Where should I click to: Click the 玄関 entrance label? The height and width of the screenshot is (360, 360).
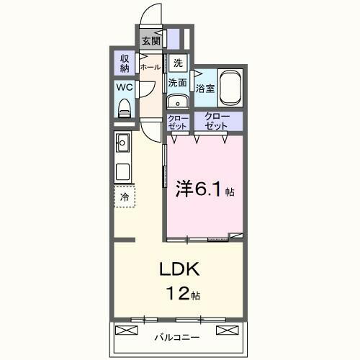[x=150, y=41]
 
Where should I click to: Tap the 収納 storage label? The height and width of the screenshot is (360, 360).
[x=125, y=63]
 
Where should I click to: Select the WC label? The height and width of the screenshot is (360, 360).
[x=123, y=88]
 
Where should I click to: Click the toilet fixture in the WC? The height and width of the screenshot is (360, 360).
[x=124, y=107]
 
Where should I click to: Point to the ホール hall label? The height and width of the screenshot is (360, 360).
[x=150, y=67]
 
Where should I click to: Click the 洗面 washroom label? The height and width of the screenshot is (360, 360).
[x=178, y=83]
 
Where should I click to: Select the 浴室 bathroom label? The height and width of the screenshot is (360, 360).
[x=206, y=89]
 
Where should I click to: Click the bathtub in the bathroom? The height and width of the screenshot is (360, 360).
[x=230, y=89]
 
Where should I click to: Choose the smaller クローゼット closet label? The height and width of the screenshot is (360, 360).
[x=177, y=121]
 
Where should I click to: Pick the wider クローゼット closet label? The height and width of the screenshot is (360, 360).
[x=216, y=121]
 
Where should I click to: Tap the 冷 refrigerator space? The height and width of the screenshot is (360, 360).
[x=125, y=197]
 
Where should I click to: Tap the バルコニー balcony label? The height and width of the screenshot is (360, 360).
[x=176, y=336]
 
